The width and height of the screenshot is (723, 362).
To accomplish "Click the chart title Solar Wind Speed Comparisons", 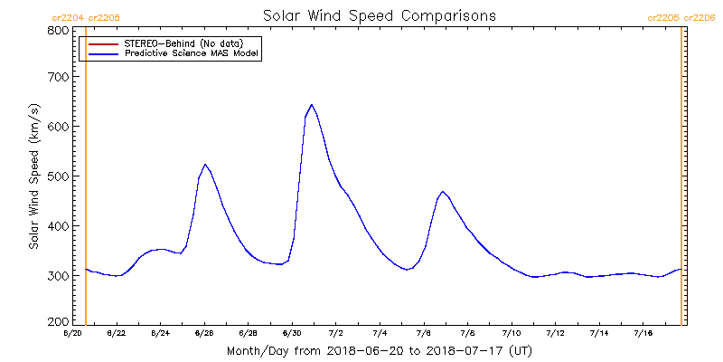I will point(380,16).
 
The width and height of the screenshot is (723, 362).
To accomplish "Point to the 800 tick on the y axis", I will point(58,30).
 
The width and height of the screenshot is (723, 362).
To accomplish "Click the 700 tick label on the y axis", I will point(58,77).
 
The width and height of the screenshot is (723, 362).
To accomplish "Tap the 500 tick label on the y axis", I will point(58,176).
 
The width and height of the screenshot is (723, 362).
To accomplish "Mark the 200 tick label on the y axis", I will point(58,320).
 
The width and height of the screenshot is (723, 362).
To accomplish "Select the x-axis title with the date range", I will point(380,350).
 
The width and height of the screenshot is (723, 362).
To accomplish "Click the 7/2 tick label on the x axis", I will point(335,333).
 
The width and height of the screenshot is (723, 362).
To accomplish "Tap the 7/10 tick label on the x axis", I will point(512,333).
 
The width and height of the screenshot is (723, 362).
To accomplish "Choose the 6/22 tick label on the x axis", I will point(116,333).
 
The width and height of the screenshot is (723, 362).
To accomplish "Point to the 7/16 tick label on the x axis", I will point(643,333).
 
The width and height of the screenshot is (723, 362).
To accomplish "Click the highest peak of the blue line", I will point(312,105).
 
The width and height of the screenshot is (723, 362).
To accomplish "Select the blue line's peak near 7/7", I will point(443,192).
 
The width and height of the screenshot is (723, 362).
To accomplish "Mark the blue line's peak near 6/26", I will point(205,165).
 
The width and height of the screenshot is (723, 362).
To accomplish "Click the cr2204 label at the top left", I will point(67,17).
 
